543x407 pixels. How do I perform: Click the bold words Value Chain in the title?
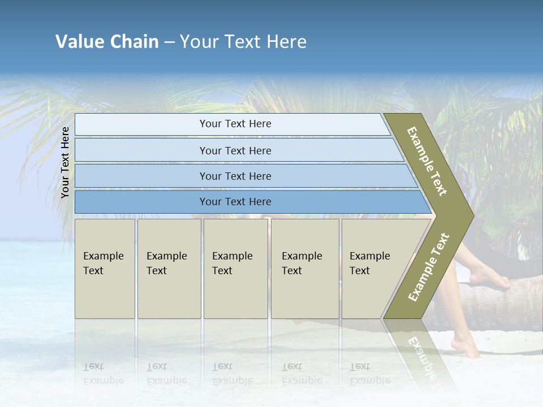pos(107,42)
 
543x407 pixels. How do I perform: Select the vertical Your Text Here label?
pos(65,162)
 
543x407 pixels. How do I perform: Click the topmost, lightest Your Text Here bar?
pos(235,124)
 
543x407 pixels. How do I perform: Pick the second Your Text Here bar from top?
pos(235,150)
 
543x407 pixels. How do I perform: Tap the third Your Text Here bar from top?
pos(235,176)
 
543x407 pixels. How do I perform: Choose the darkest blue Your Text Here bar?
pos(235,202)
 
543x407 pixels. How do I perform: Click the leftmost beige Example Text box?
pos(105,269)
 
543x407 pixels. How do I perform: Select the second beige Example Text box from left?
pos(169,269)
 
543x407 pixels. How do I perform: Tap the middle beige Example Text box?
pos(235,269)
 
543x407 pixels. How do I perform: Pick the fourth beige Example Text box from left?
pos(304,269)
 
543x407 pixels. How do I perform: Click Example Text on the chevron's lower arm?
pos(429,267)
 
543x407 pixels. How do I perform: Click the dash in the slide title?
pos(169,42)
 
